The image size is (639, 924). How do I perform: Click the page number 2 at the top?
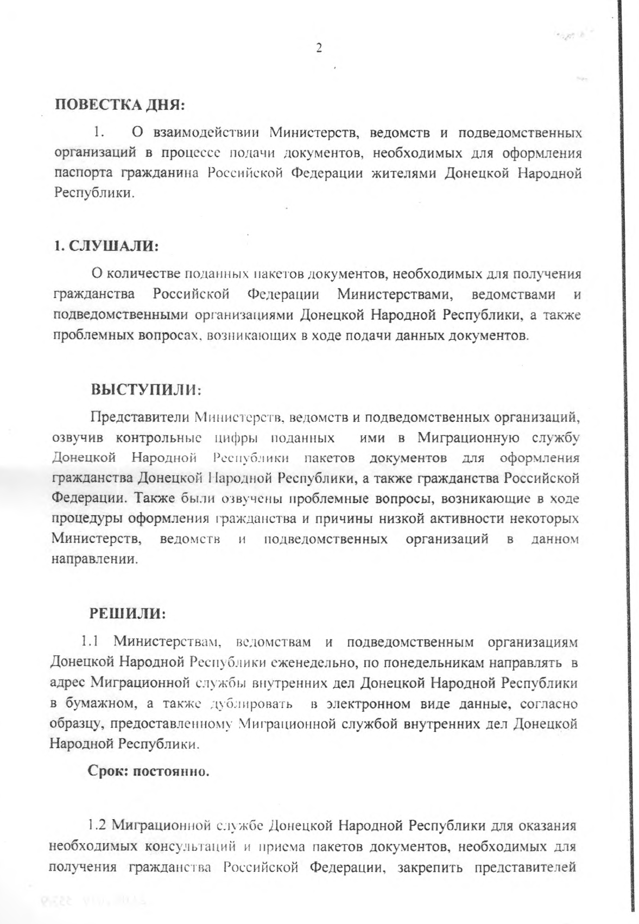coord(319,48)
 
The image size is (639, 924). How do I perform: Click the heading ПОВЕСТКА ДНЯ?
coord(121,104)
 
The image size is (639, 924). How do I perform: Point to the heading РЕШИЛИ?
coord(127,614)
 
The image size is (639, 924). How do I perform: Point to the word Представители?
coord(140,417)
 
